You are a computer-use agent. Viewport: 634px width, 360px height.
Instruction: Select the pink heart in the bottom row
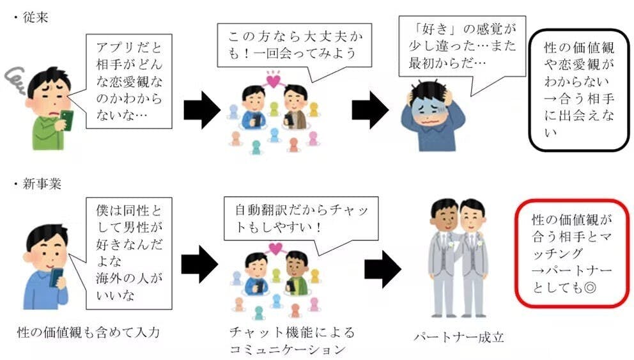[275, 248]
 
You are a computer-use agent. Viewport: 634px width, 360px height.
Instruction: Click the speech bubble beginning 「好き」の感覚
[460, 45]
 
